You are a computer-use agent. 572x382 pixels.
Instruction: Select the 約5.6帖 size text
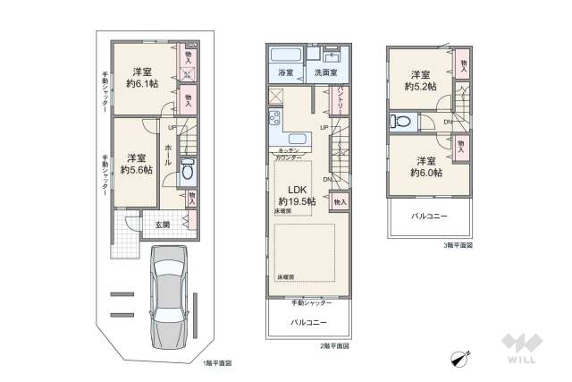(x=138, y=168)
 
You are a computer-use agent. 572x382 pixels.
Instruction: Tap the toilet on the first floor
(x=189, y=172)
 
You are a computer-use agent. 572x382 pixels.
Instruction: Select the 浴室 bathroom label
(x=286, y=71)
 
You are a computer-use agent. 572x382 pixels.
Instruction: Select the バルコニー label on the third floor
(x=429, y=216)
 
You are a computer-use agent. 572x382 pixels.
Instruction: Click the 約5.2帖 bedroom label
(x=420, y=82)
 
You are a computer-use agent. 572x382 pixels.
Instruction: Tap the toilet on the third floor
(x=400, y=123)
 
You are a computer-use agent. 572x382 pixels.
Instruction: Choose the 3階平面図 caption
(x=458, y=244)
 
